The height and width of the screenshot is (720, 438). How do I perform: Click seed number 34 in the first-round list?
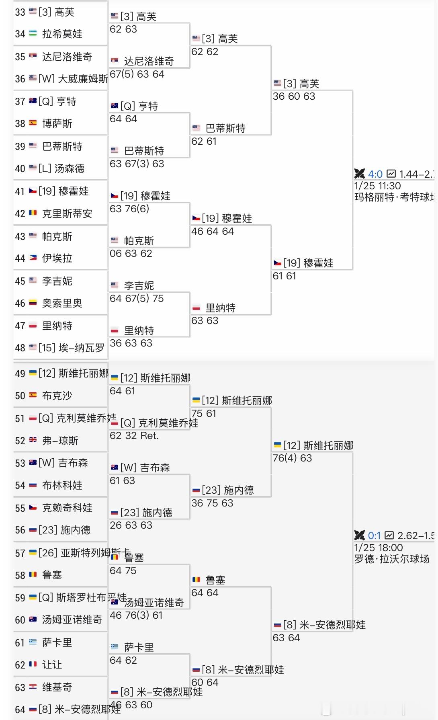coord(20,34)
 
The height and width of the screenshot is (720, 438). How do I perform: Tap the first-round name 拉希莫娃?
coord(62,34)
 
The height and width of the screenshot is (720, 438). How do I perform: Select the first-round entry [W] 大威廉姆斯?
coord(73,79)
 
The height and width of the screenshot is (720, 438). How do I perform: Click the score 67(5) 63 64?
coord(137,74)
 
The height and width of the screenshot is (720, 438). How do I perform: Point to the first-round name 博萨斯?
coord(57,124)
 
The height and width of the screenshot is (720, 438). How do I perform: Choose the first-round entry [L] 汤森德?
coord(61,168)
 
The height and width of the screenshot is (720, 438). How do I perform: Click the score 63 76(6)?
coord(129,209)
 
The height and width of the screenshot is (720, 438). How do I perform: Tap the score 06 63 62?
coord(131,254)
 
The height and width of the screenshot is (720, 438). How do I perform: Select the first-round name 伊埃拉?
coord(57,258)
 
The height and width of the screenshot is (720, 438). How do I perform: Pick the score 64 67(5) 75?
coord(137,299)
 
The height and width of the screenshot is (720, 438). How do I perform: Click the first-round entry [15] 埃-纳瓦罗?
coord(71,348)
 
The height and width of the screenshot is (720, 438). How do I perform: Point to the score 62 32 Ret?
coord(134,436)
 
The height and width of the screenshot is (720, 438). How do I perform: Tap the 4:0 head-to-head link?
coord(375,174)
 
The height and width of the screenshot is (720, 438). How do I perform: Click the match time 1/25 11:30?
coord(377,186)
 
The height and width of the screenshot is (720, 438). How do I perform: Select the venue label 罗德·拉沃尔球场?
coord(392,559)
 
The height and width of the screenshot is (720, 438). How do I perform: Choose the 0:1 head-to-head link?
coord(374,536)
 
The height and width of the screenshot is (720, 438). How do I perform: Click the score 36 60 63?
coord(294,96)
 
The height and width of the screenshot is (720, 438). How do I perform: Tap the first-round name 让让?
coord(52,665)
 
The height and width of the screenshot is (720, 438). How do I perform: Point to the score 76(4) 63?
coord(292,458)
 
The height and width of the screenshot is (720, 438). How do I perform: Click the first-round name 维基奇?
coord(57,687)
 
